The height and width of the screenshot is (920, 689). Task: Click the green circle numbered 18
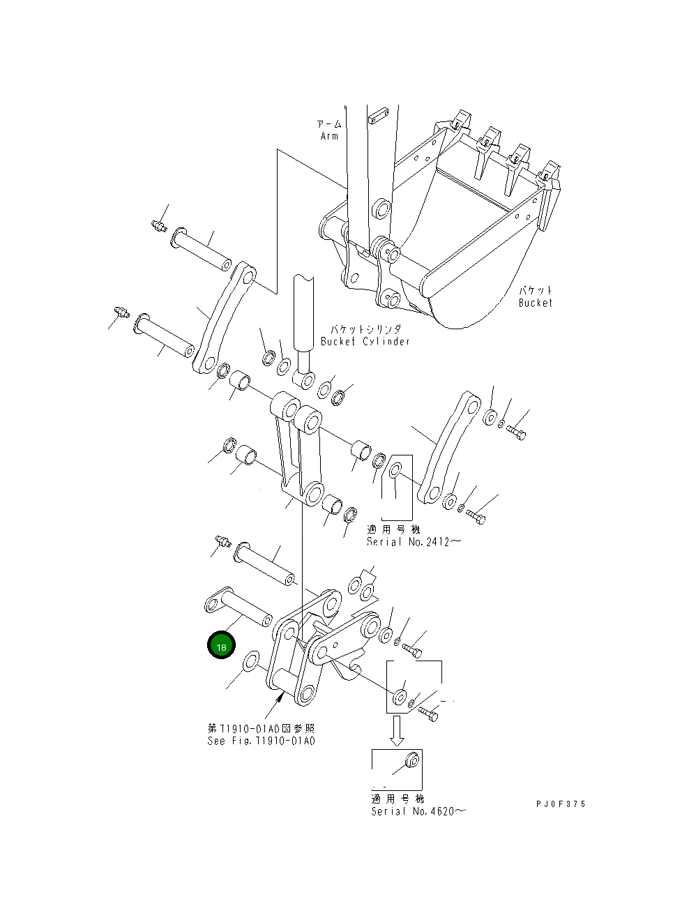221,647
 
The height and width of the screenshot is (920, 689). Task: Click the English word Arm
329,136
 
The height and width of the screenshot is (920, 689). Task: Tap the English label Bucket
535,303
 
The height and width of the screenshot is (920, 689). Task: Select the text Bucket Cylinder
365,341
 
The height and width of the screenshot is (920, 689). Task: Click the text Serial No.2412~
414,542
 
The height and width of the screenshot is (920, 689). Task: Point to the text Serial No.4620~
418,811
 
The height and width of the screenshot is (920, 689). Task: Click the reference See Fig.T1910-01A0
261,741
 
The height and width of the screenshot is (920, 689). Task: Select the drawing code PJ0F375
561,804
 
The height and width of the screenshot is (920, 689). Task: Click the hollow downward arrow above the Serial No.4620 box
397,730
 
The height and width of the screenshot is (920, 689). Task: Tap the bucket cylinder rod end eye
305,381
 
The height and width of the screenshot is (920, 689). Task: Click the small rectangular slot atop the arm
377,114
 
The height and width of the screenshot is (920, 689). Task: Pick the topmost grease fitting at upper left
158,225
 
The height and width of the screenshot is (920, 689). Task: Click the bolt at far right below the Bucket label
516,432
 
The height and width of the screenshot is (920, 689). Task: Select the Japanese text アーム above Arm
329,124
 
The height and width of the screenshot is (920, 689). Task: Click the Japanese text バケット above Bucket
535,290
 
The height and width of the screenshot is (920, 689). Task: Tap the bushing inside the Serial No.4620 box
411,758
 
